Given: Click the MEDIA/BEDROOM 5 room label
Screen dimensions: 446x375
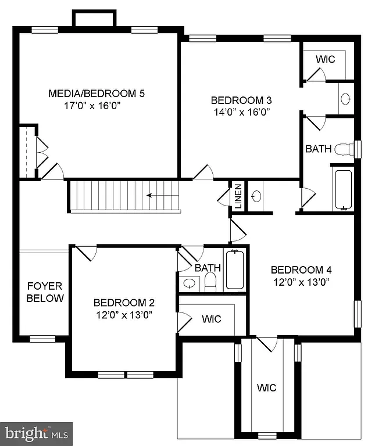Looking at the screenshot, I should tap(96, 93).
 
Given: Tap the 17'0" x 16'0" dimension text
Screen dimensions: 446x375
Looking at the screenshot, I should tap(96, 106).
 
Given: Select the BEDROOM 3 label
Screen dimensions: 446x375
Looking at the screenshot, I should tap(241, 99).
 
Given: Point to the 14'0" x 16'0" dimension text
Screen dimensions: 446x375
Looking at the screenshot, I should tap(241, 111).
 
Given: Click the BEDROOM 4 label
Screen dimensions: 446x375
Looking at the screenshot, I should tap(301, 269).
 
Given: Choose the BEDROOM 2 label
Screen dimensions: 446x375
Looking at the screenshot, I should tap(124, 303).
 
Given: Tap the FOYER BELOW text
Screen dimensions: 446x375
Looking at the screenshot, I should tap(45, 292).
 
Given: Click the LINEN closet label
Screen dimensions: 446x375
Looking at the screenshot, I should tap(238, 196).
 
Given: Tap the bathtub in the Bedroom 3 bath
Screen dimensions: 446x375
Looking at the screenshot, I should tap(343, 189).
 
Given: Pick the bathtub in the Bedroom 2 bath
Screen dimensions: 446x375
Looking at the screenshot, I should tap(234, 269).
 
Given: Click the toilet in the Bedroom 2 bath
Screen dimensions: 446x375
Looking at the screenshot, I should tap(210, 282).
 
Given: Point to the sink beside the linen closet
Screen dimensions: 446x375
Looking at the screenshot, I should tap(256, 196).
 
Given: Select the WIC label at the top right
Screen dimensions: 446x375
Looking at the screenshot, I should tap(325, 59).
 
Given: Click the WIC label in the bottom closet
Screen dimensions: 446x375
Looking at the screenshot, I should tap(267, 387).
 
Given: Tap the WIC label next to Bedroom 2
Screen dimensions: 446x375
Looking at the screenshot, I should tap(210, 319).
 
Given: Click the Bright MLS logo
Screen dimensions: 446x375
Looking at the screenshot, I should tap(37, 433).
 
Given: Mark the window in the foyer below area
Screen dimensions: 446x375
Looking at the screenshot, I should tap(42, 338).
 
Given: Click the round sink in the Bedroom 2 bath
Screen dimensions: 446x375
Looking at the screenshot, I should tap(189, 284).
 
